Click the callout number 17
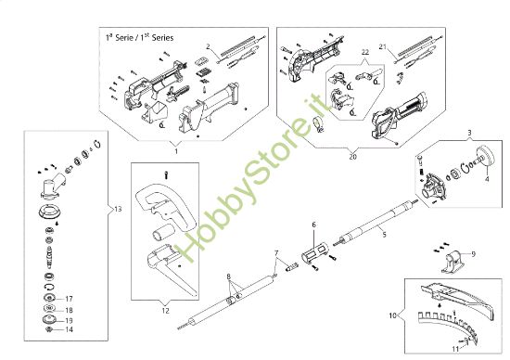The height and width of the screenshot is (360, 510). [69, 299]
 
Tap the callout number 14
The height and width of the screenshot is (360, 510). [69, 329]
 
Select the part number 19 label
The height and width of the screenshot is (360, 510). [69, 320]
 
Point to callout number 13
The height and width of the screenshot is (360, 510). [118, 209]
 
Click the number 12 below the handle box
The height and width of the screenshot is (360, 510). [166, 311]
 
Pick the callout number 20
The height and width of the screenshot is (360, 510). [353, 157]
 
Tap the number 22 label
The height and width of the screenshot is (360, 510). [365, 52]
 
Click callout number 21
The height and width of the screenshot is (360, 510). [383, 47]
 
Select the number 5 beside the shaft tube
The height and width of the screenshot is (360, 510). [384, 235]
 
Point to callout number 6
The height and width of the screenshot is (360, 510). [313, 225]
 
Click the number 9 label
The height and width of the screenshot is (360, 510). [473, 254]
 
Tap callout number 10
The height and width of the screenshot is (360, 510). [392, 315]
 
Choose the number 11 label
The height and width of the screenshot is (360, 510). [455, 349]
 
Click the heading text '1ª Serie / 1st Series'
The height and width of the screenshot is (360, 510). [139, 37]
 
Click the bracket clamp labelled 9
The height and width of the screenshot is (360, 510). [453, 262]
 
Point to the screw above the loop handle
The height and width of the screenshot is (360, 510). [166, 175]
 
